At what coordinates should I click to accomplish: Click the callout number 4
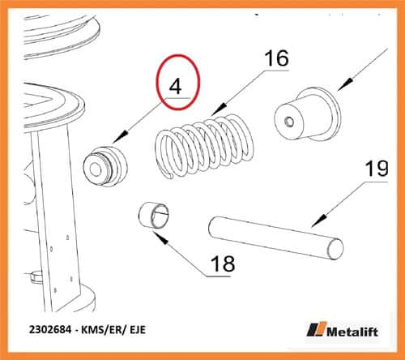point(175,87)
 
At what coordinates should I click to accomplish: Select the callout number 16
point(277,58)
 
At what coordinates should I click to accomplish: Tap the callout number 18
point(223,264)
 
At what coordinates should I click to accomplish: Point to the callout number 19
point(377,169)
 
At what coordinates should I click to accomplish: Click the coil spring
point(204,146)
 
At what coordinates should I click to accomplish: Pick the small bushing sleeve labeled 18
point(153,216)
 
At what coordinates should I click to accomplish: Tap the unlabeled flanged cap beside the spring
point(307,114)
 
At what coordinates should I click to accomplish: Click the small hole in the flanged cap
point(289,122)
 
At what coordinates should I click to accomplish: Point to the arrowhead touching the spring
point(220,109)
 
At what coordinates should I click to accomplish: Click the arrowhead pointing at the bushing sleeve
point(161,238)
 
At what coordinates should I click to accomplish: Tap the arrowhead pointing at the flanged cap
point(345,84)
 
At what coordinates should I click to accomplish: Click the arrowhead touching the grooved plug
point(121,137)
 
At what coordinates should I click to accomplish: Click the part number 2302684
point(50,330)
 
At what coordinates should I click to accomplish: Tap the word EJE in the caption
point(138,330)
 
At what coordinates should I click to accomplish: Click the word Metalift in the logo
point(352,332)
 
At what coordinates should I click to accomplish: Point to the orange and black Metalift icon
point(317,329)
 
